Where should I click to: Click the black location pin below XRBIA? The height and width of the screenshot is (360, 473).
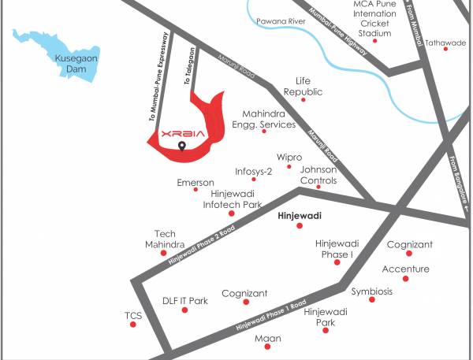click(x=182, y=146)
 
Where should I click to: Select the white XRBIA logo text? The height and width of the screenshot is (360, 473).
click(x=182, y=134)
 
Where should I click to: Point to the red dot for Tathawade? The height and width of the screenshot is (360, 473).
click(x=446, y=49)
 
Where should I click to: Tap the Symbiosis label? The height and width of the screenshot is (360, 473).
click(x=371, y=291)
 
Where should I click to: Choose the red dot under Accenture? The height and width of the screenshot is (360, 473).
click(x=405, y=278)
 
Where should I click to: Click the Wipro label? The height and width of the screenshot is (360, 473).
click(x=289, y=158)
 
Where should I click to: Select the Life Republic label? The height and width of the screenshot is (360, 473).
click(x=304, y=86)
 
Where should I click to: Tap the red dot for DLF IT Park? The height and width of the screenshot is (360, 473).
click(x=185, y=310)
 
